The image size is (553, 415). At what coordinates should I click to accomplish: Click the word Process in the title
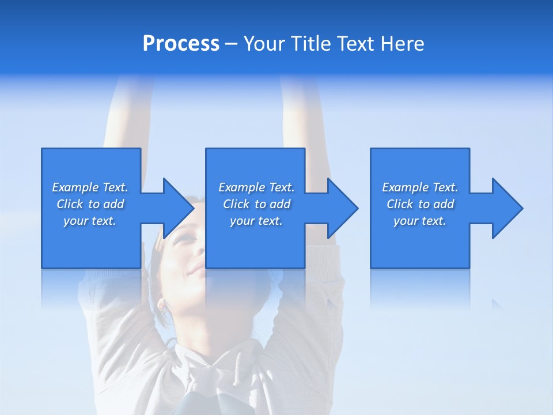(181, 44)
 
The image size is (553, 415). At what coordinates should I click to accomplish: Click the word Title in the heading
(310, 44)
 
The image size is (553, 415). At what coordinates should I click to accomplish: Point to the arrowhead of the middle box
(342, 208)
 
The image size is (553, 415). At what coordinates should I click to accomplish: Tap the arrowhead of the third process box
(506, 208)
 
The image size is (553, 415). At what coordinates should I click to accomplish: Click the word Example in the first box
(75, 187)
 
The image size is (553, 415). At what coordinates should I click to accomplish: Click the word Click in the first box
(70, 204)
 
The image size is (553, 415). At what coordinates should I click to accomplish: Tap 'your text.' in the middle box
(256, 221)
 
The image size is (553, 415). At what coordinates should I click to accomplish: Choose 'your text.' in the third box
(419, 221)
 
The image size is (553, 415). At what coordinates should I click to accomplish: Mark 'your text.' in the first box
(89, 221)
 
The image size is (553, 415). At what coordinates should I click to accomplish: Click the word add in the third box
(444, 204)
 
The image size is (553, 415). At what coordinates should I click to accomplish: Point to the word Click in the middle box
(236, 204)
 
